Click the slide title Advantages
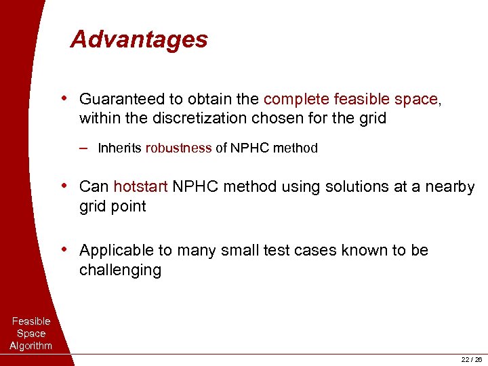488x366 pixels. [x=139, y=39]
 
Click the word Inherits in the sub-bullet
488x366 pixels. [x=120, y=148]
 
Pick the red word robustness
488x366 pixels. [x=178, y=148]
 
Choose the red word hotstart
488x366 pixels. [x=140, y=186]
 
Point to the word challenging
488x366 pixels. [x=120, y=270]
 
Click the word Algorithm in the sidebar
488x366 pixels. [x=31, y=346]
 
